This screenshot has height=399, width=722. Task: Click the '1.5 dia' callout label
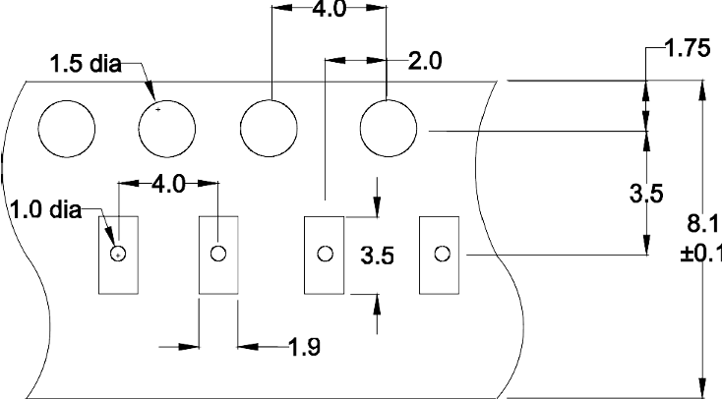click(x=86, y=64)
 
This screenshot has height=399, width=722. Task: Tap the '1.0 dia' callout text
click(x=45, y=210)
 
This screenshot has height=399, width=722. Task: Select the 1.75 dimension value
click(x=689, y=48)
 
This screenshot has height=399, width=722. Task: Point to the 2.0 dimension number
click(x=425, y=61)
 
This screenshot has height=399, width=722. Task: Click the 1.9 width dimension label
click(x=304, y=347)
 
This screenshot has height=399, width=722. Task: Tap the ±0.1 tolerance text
click(x=700, y=254)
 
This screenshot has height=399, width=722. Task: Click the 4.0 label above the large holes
click(x=329, y=8)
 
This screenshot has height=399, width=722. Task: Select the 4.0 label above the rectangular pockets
click(x=168, y=184)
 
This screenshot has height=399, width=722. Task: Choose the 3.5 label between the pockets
click(x=377, y=256)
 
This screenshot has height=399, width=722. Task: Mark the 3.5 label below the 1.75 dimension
click(x=646, y=194)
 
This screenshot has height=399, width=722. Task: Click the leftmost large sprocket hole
click(x=67, y=129)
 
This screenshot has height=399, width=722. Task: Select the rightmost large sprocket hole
click(x=389, y=129)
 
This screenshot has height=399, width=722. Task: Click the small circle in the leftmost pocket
click(x=118, y=254)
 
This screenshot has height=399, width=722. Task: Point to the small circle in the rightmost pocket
click(x=443, y=254)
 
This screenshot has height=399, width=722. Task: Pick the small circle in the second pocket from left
click(x=218, y=254)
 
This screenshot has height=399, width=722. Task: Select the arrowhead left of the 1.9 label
click(x=189, y=347)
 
